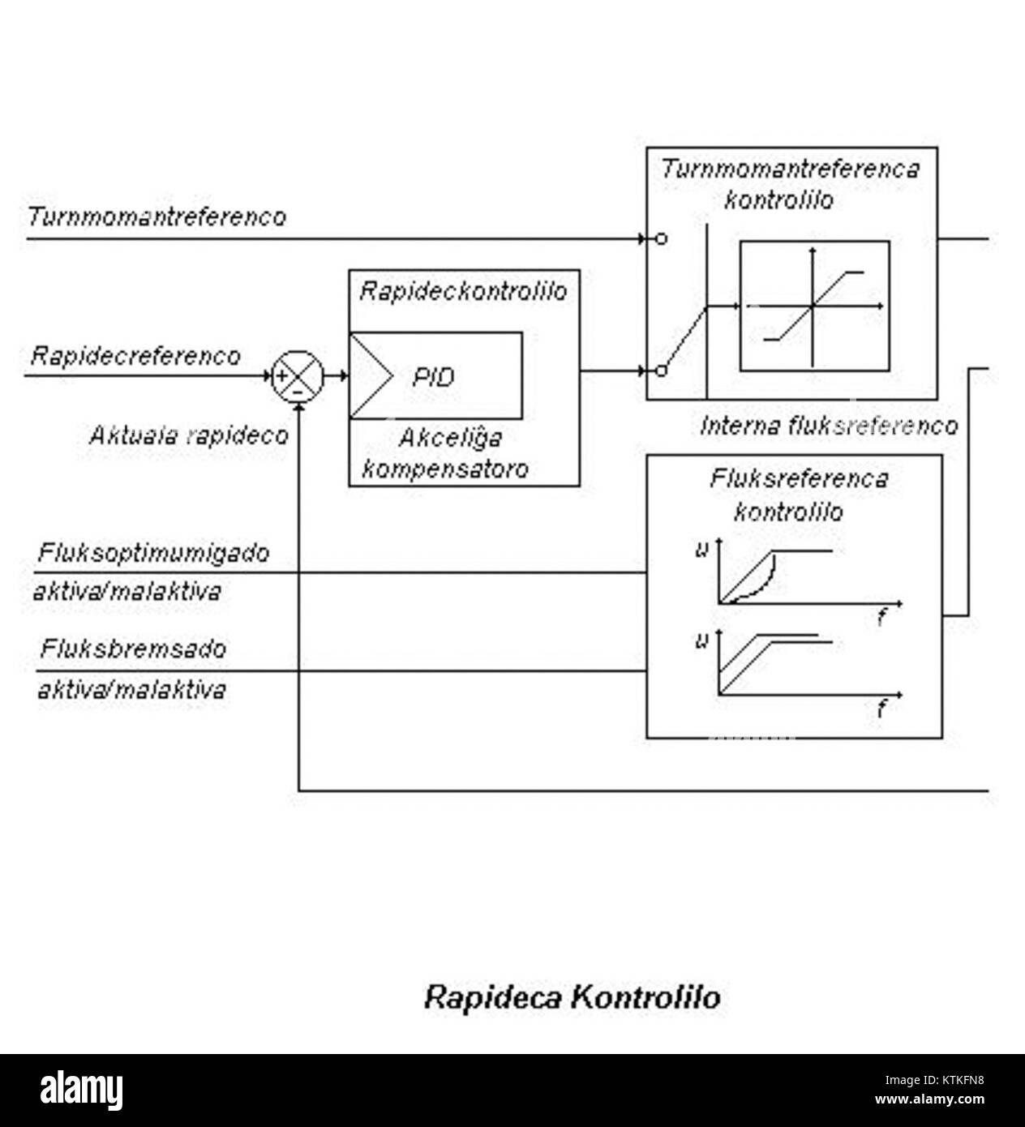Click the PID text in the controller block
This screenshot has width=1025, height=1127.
[x=434, y=377]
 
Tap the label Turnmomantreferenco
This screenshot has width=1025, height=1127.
[x=157, y=217]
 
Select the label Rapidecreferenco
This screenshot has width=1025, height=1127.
[x=135, y=356]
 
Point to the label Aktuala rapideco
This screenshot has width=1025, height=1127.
[x=188, y=435]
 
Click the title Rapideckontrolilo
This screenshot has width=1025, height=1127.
[x=463, y=291]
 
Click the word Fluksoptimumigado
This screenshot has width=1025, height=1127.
[x=153, y=553]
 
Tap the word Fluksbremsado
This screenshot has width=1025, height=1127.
[x=134, y=649]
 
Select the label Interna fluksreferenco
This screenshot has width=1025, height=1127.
[x=828, y=426]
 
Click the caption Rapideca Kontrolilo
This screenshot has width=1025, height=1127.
[x=573, y=997]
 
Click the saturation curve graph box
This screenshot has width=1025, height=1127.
[x=814, y=306]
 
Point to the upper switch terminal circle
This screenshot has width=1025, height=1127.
[x=662, y=240]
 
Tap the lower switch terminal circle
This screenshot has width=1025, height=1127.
[x=662, y=371]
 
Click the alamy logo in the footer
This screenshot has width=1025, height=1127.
[x=82, y=1091]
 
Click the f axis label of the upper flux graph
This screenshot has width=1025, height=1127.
[x=881, y=619]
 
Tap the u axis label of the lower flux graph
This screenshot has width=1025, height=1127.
[x=702, y=641]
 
